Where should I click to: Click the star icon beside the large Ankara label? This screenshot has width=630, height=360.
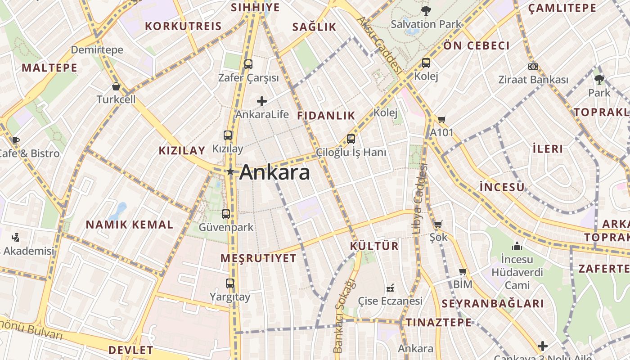[x=230, y=171]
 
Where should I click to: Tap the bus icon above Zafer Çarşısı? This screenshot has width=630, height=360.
[x=248, y=64]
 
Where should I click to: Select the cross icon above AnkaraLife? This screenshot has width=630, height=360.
[x=262, y=101]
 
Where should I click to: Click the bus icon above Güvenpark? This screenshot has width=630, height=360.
[x=226, y=214]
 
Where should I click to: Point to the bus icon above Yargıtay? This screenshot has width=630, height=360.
[x=230, y=283]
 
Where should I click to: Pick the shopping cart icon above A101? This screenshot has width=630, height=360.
[x=441, y=120]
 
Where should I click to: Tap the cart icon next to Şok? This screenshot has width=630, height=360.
[x=438, y=224]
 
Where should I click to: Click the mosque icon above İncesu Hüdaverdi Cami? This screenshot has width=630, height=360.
[x=517, y=246]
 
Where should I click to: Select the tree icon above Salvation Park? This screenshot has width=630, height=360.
[x=426, y=11]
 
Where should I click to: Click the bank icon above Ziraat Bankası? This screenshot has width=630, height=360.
[x=533, y=67]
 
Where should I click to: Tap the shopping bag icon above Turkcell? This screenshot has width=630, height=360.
[x=116, y=86]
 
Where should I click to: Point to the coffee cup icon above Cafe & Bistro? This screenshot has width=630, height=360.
[x=16, y=140]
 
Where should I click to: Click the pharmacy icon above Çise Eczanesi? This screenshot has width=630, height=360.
[x=390, y=288]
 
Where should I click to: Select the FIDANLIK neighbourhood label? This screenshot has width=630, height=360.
[x=326, y=116]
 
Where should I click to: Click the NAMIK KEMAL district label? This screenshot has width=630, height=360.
[x=129, y=225]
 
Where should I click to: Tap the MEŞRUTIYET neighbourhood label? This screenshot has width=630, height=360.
[x=259, y=258]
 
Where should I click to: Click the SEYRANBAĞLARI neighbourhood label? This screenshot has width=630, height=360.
[x=493, y=303]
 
